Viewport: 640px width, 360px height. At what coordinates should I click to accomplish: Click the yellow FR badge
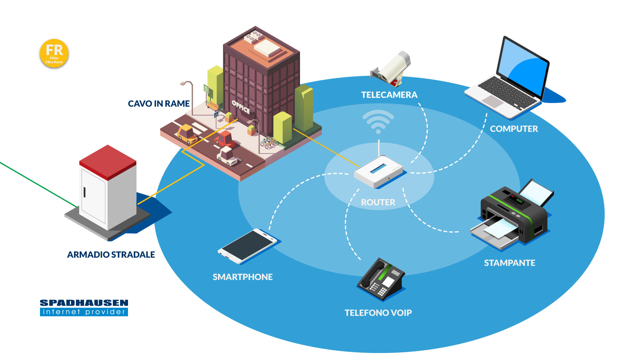point(54,53)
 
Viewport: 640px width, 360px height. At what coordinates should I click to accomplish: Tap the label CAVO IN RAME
point(159,104)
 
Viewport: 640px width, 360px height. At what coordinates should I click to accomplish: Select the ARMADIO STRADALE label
point(111,255)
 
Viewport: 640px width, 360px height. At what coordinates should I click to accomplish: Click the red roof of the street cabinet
point(108,161)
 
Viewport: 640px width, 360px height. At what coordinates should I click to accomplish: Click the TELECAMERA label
point(389,95)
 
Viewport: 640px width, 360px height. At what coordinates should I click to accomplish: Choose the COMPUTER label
point(514,129)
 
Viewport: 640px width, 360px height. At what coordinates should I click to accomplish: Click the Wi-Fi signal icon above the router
point(378,122)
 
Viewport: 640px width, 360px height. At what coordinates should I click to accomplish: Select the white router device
point(379,170)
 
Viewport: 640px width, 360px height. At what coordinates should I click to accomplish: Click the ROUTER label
point(378,202)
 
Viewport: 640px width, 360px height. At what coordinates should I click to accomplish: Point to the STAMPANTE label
point(509,263)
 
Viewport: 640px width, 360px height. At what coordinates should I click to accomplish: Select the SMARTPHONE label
point(243,277)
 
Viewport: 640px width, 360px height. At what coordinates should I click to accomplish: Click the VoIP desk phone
point(381,279)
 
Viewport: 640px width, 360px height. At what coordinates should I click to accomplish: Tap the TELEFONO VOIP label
point(378,313)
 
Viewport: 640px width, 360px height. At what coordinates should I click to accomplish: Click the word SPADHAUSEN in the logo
point(84,303)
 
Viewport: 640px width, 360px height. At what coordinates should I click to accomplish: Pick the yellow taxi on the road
point(187,134)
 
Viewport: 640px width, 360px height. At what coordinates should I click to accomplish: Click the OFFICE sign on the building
point(241,107)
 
